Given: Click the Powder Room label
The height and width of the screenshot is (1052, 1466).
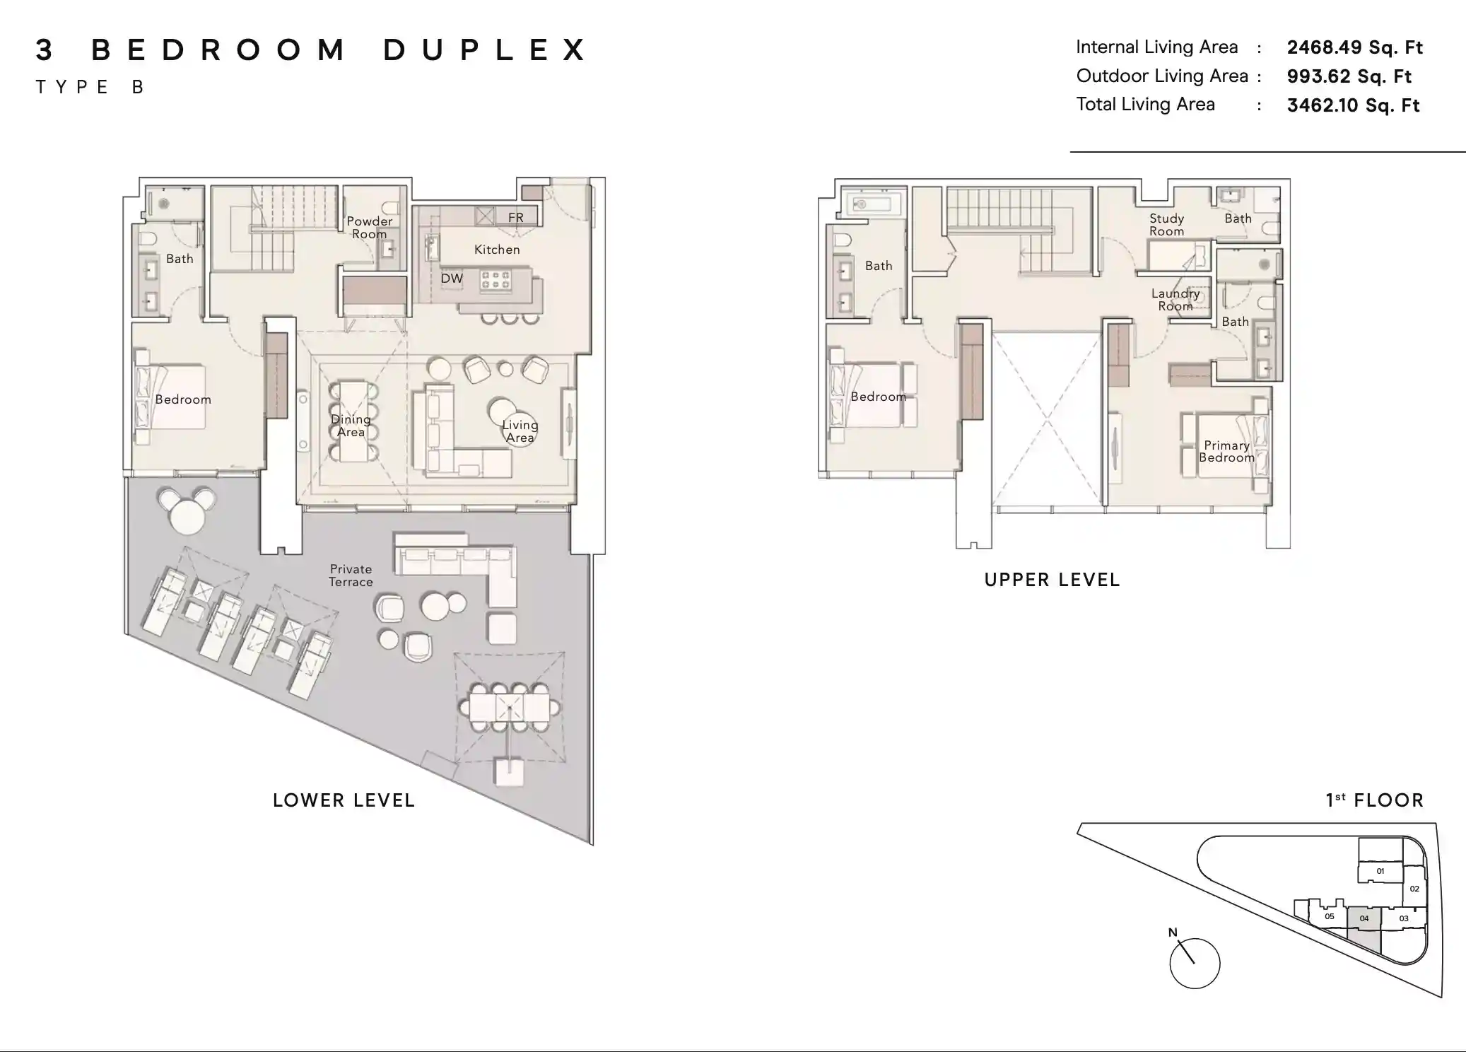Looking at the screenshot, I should click(369, 228).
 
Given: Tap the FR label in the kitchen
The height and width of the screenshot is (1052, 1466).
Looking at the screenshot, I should click(516, 217).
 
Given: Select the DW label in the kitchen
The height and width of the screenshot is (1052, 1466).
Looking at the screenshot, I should click(452, 279).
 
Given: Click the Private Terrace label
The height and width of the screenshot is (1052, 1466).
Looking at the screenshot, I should click(351, 575).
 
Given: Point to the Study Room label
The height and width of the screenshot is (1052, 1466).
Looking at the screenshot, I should click(1166, 225).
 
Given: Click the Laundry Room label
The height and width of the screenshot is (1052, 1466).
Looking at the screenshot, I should click(1175, 300).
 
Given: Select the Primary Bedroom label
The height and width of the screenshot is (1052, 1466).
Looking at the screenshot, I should click(1226, 451).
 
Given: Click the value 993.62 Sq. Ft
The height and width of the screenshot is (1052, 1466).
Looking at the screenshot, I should click(1349, 76).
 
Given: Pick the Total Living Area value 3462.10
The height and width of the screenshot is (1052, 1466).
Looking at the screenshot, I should click(1353, 105).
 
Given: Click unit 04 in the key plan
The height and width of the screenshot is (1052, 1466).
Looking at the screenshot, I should click(1364, 919).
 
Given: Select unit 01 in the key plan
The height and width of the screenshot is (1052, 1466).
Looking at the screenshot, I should click(1380, 872).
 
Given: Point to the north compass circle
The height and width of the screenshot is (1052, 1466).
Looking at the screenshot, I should click(1195, 963).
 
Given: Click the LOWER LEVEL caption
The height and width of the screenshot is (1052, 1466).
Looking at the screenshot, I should click(344, 800).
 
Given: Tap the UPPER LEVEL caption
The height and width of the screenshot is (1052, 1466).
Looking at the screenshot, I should click(1052, 580).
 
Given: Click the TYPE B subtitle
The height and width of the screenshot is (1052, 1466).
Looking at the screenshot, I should click(90, 87).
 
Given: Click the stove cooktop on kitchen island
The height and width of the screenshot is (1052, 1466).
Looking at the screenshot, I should click(495, 280).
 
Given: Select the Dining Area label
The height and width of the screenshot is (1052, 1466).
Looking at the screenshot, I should click(351, 426).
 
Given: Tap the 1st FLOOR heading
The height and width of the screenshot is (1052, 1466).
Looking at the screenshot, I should click(1374, 800).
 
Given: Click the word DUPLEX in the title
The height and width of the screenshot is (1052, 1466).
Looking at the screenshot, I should click(485, 50).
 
